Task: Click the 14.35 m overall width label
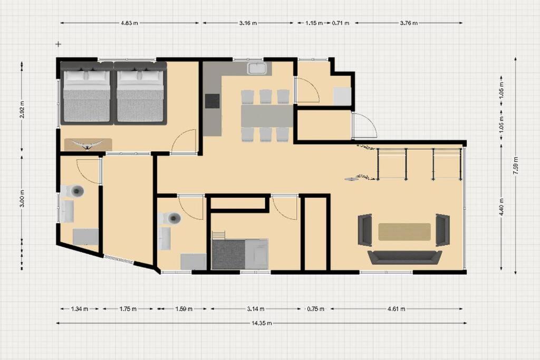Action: coord(262,323)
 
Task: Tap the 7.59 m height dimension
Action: coord(516,166)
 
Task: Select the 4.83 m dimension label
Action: coord(129,23)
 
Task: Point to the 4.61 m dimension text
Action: coord(397,309)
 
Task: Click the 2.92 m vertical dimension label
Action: coord(22,110)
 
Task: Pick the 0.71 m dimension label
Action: coord(341,23)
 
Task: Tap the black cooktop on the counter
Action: coord(213,101)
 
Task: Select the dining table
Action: coord(267,115)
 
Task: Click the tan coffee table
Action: coord(404,231)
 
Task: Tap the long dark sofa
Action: coord(404,257)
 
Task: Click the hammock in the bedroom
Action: coord(88,144)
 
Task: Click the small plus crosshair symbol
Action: coord(59,44)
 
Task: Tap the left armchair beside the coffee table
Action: coord(365,230)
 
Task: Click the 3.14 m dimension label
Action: coord(256,309)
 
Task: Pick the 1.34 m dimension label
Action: coord(80,309)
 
